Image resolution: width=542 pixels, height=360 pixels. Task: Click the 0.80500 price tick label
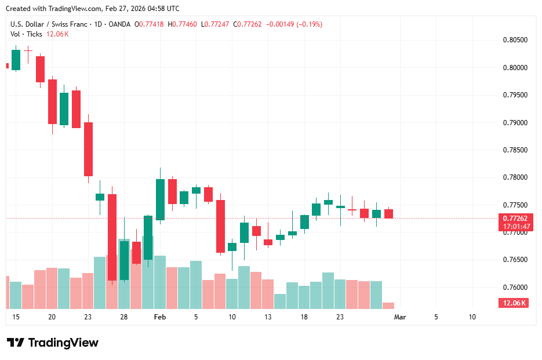pyautogui.click(x=514, y=40)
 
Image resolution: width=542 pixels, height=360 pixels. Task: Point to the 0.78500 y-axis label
pyautogui.click(x=514, y=150)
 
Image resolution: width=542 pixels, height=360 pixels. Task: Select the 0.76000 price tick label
pyautogui.click(x=514, y=288)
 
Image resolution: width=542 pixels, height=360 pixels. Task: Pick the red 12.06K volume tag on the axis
pyautogui.click(x=513, y=303)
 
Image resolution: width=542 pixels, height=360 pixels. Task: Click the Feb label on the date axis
pyautogui.click(x=160, y=317)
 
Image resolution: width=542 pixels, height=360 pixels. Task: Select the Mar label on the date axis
pyautogui.click(x=400, y=317)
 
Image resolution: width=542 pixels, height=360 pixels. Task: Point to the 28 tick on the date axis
pyautogui.click(x=124, y=317)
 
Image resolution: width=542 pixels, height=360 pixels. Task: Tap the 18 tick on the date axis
pyautogui.click(x=304, y=317)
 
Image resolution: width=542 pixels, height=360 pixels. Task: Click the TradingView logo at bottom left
pyautogui.click(x=53, y=343)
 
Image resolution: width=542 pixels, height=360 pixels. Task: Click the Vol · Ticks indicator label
pyautogui.click(x=26, y=34)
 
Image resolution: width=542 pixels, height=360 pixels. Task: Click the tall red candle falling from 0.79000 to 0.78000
pyautogui.click(x=88, y=149)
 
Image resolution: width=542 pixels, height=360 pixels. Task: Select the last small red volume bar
pyautogui.click(x=388, y=306)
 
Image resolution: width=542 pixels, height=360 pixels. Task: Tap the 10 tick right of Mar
pyautogui.click(x=472, y=317)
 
